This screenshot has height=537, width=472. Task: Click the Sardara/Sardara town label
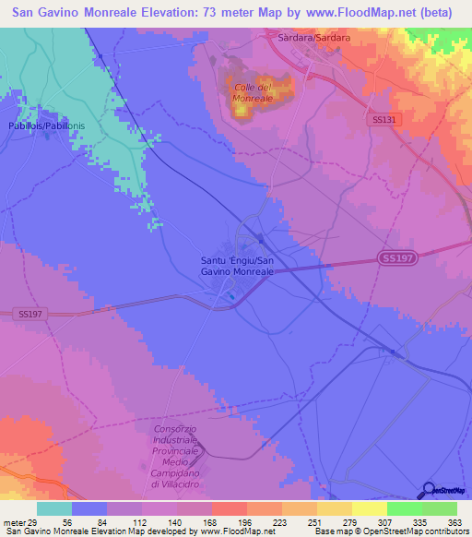[x=313, y=39]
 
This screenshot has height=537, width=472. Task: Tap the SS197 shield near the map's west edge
[x=29, y=315]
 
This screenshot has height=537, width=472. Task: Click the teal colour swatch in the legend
[x=54, y=508]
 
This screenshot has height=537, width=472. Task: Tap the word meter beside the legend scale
[x=13, y=522]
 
